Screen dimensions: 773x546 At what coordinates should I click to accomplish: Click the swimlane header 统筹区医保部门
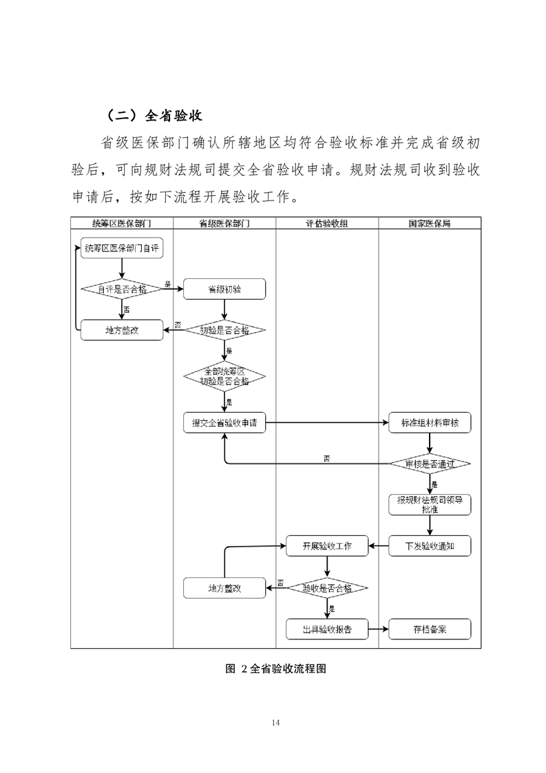pyautogui.click(x=122, y=223)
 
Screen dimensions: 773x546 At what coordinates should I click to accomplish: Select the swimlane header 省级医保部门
pyautogui.click(x=224, y=223)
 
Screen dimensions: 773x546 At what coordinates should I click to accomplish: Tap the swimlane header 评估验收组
pyautogui.click(x=327, y=223)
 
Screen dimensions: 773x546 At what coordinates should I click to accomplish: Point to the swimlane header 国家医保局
pyautogui.click(x=430, y=223)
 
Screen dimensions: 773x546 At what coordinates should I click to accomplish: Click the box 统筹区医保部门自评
pyautogui.click(x=122, y=249)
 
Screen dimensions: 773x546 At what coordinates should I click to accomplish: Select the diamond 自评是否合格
pyautogui.click(x=122, y=289)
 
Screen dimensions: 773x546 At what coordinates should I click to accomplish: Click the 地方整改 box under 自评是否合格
pyautogui.click(x=122, y=330)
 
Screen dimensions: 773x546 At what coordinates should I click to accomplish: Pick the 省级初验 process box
pyautogui.click(x=224, y=289)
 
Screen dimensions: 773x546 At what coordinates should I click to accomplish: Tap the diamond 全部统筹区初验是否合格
pyautogui.click(x=224, y=375)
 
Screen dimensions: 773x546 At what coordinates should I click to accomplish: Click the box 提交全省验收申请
pyautogui.click(x=224, y=422)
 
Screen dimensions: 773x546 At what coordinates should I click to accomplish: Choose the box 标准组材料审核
pyautogui.click(x=430, y=422)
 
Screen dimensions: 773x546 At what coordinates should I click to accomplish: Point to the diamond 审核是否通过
pyautogui.click(x=430, y=464)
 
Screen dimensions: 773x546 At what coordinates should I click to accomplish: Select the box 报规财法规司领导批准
pyautogui.click(x=430, y=505)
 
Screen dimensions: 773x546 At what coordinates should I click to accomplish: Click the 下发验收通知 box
pyautogui.click(x=430, y=546)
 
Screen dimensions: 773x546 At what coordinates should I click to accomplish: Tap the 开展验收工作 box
pyautogui.click(x=327, y=546)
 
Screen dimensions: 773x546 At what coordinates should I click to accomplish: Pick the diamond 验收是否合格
pyautogui.click(x=327, y=588)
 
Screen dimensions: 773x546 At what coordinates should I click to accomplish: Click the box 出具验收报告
pyautogui.click(x=327, y=628)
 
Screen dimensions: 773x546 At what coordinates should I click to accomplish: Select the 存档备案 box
pyautogui.click(x=430, y=628)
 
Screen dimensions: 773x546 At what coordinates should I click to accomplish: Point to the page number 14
pyautogui.click(x=276, y=722)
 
